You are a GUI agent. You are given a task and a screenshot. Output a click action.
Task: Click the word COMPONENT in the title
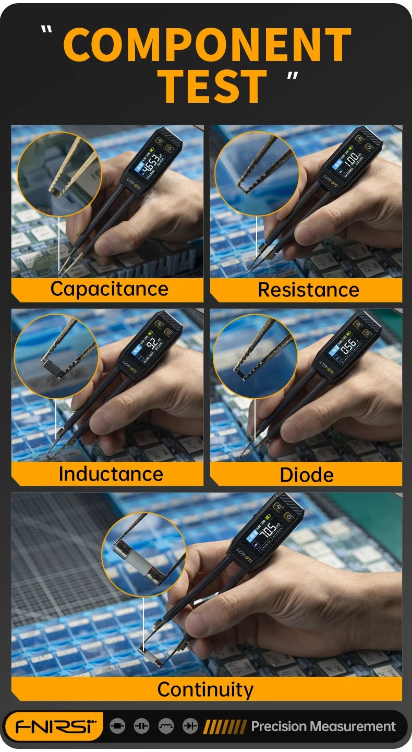click(207, 45)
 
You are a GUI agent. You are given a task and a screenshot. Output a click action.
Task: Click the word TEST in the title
click(212, 86)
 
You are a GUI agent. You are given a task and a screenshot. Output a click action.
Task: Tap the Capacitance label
click(109, 289)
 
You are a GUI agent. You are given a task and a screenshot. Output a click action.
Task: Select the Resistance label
click(308, 290)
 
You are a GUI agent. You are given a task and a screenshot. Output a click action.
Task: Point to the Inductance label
click(111, 474)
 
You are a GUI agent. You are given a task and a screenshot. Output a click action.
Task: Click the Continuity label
click(205, 689)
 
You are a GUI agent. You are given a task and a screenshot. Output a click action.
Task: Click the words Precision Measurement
click(323, 726)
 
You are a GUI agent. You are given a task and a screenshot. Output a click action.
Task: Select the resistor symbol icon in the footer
click(118, 726)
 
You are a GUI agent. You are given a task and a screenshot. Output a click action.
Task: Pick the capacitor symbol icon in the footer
click(141, 726)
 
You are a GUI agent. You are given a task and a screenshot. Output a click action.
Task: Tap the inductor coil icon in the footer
click(166, 726)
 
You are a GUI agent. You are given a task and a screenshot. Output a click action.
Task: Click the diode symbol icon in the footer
click(190, 726)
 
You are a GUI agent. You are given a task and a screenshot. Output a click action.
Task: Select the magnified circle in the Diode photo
click(255, 356)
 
